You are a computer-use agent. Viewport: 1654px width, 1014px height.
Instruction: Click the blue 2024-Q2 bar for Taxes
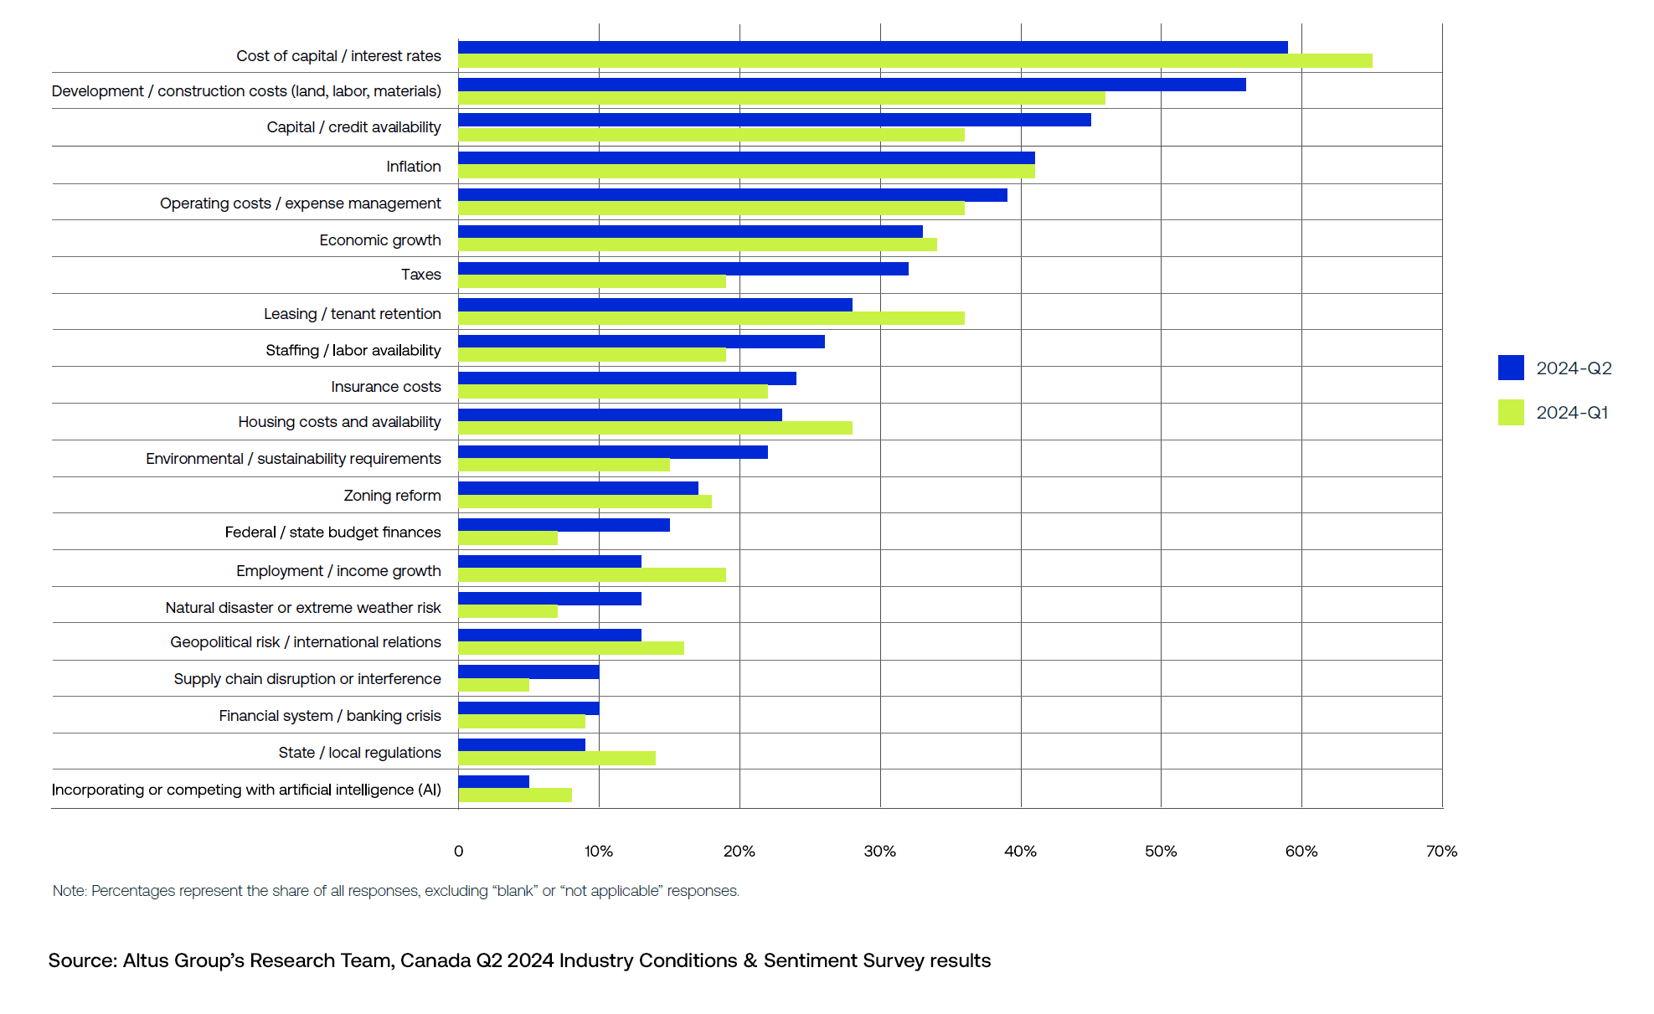point(683,269)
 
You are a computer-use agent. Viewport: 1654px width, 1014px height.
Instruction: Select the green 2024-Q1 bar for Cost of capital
point(915,61)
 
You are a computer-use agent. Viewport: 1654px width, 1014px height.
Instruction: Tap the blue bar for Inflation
point(745,158)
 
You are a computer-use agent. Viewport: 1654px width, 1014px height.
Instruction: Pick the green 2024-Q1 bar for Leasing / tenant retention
point(711,318)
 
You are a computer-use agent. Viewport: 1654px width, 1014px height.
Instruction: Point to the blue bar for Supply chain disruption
point(528,672)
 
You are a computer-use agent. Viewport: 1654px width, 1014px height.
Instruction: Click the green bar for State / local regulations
point(556,759)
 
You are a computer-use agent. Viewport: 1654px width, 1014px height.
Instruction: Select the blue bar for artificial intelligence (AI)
point(493,781)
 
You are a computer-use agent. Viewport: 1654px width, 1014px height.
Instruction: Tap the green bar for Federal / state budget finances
point(508,538)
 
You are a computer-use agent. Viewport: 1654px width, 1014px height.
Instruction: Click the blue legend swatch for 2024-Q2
point(1511,368)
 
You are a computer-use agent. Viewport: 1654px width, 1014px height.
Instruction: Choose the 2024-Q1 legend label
point(1572,413)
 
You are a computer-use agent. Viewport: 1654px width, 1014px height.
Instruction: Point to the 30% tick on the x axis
point(879,852)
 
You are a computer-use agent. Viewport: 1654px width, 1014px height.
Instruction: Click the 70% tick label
point(1441,852)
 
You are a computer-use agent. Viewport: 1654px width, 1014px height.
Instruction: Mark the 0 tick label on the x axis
point(458,852)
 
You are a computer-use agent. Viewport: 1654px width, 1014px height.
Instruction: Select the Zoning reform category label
point(392,496)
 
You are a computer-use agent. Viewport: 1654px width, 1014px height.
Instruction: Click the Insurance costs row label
point(385,387)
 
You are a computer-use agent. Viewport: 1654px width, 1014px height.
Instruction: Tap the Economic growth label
point(379,240)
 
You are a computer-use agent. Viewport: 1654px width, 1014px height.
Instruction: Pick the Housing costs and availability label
point(339,422)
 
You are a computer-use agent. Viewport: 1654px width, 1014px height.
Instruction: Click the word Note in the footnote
point(69,891)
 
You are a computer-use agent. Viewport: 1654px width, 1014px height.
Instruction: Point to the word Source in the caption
point(82,960)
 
